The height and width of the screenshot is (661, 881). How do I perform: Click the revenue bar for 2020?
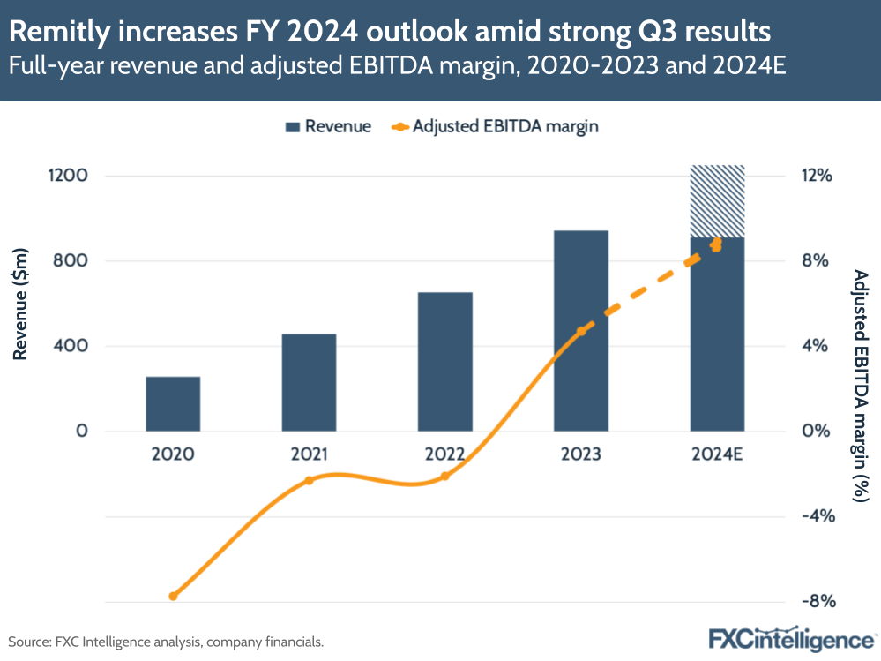tap(173, 404)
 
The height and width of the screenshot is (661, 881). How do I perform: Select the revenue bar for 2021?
tap(309, 382)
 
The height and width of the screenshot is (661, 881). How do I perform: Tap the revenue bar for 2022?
tap(445, 362)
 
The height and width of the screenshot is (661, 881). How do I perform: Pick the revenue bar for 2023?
tap(581, 331)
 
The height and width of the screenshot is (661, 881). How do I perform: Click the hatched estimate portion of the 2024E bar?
tap(717, 201)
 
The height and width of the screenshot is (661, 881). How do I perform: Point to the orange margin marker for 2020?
tap(173, 597)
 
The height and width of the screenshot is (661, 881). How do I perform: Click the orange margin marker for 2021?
tap(309, 480)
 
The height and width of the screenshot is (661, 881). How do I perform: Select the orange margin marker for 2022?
tap(445, 476)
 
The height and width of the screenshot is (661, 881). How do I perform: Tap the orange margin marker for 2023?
tap(581, 332)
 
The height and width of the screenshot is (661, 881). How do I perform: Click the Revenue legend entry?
tap(327, 126)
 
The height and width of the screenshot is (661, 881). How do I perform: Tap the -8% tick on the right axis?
tap(817, 602)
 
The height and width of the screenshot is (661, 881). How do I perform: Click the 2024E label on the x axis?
tap(717, 455)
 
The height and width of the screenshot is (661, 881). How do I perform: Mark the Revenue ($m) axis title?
tap(21, 303)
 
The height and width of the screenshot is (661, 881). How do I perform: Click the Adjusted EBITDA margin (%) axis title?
tap(861, 386)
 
